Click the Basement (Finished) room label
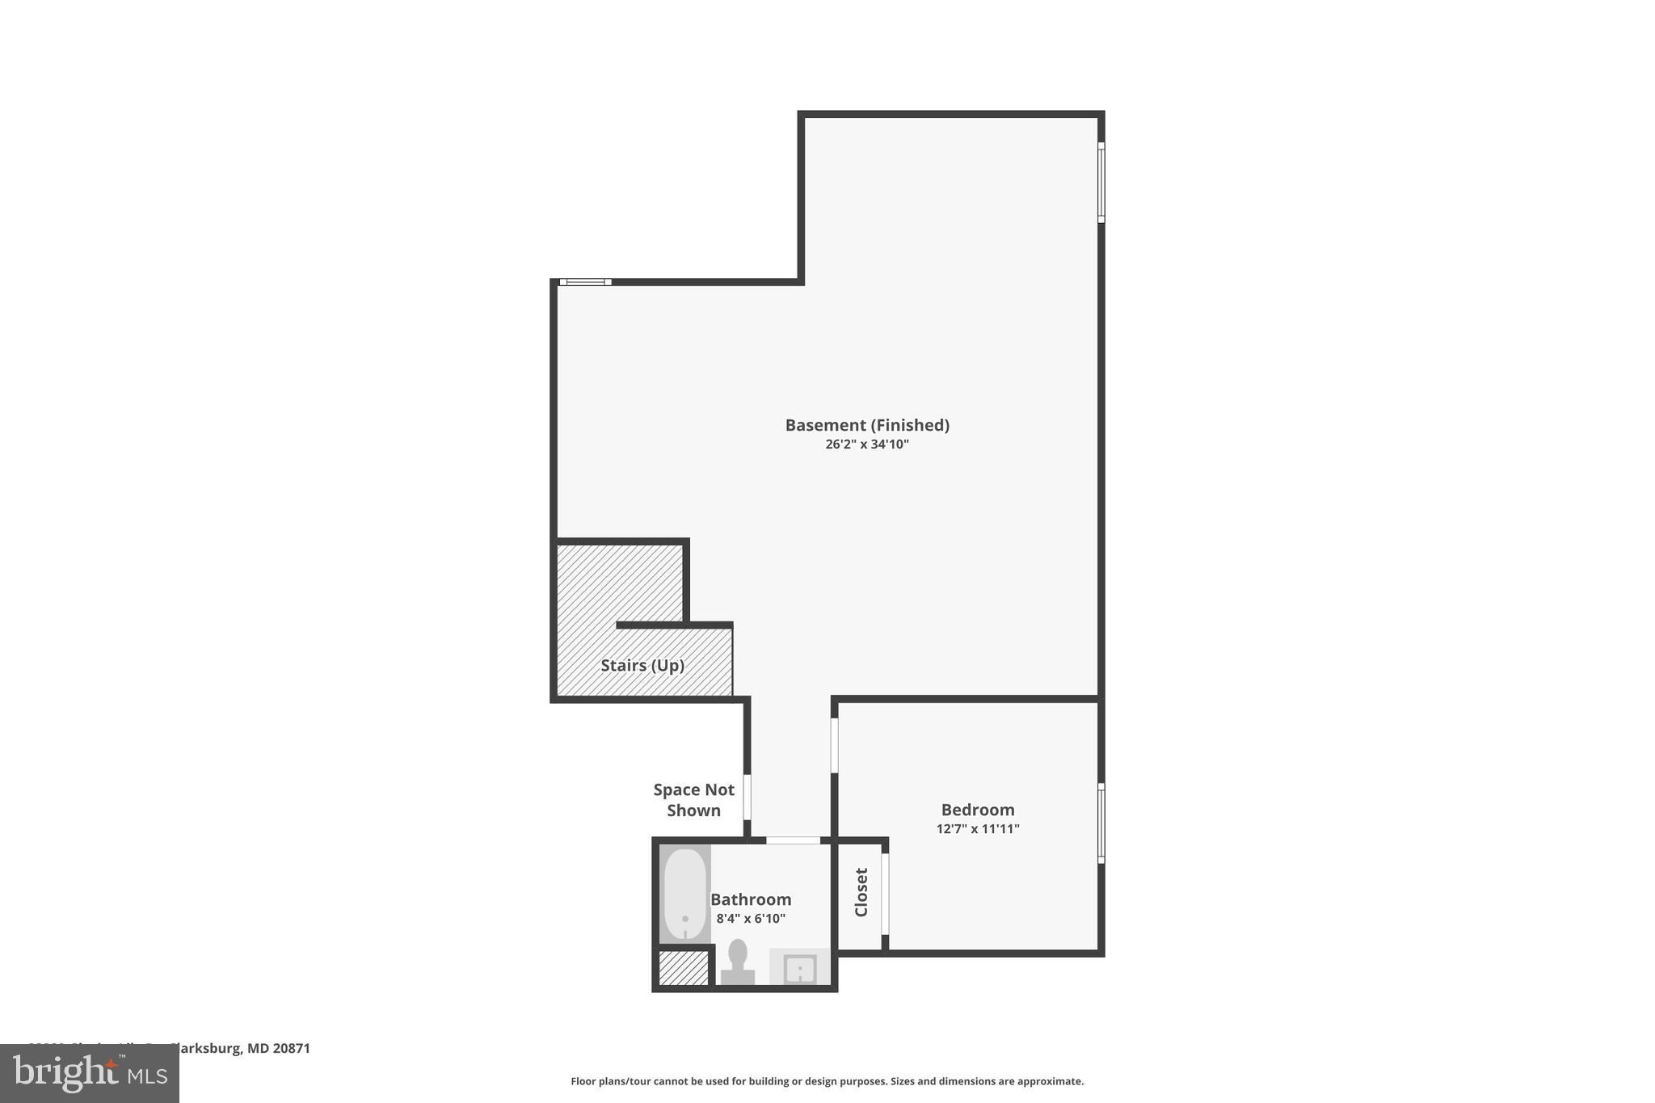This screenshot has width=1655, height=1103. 867,425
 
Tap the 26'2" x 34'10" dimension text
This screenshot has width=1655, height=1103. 867,444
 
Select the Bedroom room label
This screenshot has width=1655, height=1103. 978,810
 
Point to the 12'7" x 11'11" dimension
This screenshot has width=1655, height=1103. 978,829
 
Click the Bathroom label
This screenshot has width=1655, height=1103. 751,899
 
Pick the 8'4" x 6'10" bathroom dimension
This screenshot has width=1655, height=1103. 751,919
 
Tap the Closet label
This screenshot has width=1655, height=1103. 861,893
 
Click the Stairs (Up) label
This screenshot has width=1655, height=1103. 642,666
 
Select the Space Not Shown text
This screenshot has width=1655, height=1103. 694,800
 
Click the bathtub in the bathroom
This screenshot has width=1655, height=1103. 685,894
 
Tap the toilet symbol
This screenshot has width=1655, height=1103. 738,962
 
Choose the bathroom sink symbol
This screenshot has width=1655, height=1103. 800,967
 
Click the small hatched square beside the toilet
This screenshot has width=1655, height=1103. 684,968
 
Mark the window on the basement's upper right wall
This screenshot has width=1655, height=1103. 1101,183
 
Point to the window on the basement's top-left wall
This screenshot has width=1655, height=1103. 586,282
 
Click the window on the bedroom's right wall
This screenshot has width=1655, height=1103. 1101,823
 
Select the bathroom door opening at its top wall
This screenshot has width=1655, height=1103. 793,840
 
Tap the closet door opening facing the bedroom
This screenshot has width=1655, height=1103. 885,894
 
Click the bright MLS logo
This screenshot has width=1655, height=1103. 90,1073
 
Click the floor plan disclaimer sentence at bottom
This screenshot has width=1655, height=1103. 827,1081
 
